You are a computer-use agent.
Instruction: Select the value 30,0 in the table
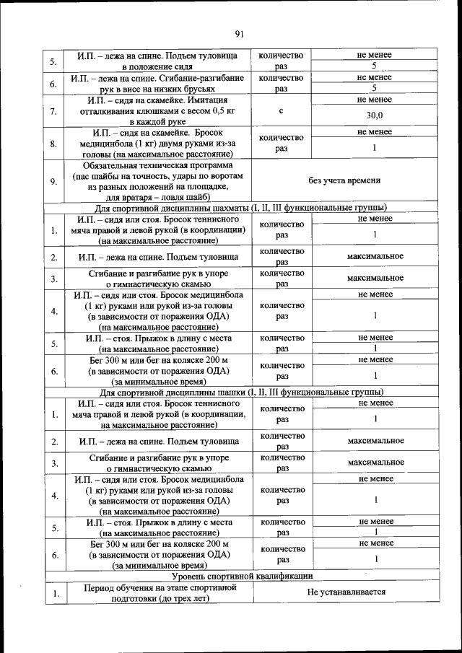tap(375, 115)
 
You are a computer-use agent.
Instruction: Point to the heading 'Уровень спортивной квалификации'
tap(242, 576)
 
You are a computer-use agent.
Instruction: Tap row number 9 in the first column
tap(54, 181)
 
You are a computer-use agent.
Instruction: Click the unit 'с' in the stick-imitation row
tap(280, 111)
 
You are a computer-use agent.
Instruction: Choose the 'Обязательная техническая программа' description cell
tap(156, 180)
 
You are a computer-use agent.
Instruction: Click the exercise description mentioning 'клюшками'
tap(156, 111)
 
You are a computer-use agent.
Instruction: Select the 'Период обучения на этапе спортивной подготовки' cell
tap(156, 592)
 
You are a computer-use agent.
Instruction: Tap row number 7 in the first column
tap(54, 111)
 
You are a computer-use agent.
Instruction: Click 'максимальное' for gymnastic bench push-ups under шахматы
tap(375, 278)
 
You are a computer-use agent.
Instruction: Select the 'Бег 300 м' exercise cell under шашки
tap(156, 553)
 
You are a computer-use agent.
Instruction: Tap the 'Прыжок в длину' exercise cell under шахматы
tap(156, 343)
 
